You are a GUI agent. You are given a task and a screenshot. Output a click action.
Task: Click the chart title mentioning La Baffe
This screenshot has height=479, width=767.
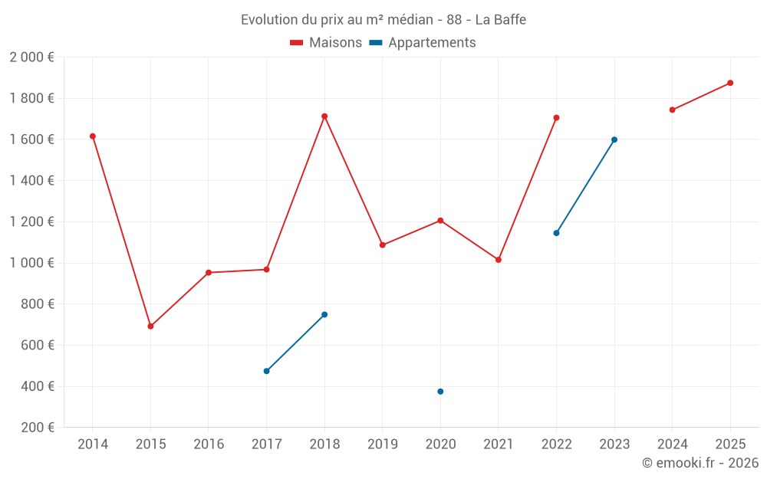[x=383, y=20]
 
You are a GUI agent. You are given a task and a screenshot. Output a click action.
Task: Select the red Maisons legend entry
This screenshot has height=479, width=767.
[x=326, y=43]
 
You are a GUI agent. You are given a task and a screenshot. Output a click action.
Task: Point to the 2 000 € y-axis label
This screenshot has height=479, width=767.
[x=32, y=57]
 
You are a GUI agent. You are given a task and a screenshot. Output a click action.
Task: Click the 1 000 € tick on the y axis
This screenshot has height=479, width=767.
[x=32, y=263]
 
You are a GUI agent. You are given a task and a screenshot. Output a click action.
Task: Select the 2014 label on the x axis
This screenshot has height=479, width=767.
[x=93, y=445]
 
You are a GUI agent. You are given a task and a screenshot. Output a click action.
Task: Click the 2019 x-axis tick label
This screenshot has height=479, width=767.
[x=382, y=445]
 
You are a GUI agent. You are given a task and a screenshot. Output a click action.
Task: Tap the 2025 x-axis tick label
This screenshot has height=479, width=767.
[x=729, y=445]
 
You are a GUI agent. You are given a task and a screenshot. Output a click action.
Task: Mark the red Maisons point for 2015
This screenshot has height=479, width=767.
[x=150, y=326]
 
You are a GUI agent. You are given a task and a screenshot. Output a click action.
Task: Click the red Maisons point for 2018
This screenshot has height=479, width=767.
[x=324, y=116]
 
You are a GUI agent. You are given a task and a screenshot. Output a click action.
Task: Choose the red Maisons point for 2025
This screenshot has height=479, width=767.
[x=730, y=83]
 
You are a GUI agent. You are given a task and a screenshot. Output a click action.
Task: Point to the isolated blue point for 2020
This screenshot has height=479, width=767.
[x=440, y=392]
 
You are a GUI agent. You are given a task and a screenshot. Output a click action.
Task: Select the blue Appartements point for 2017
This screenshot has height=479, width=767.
[x=266, y=371]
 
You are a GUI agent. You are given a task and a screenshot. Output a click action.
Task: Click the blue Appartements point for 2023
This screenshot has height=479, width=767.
[x=614, y=139]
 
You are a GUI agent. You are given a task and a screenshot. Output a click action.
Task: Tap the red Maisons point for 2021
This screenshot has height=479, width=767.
[x=499, y=260]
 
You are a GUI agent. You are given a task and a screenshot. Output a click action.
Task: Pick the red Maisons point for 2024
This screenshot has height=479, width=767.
[x=672, y=110]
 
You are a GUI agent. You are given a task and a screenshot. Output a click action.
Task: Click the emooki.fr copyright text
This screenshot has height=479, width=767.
[x=700, y=463]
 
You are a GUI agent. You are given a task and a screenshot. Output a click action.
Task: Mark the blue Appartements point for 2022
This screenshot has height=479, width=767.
[x=556, y=233]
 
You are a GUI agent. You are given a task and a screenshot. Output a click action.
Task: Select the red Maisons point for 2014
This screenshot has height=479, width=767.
[x=93, y=136]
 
